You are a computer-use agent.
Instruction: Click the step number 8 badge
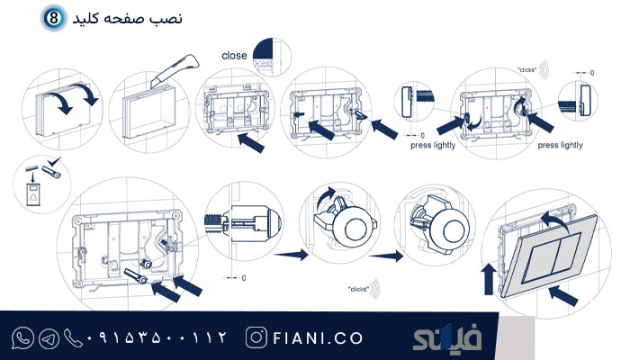point(54,18)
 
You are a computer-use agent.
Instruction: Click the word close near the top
point(234,56)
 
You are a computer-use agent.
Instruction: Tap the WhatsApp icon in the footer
point(22,337)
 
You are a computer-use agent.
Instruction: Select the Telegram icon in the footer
point(49,338)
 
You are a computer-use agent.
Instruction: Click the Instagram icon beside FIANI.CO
point(256,337)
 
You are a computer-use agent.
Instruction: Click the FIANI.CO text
point(318,338)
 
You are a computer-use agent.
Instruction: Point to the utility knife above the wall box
point(175,70)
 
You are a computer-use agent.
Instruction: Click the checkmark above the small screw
point(54,161)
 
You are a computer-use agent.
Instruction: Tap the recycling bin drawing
point(33,194)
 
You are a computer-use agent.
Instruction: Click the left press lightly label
point(433,145)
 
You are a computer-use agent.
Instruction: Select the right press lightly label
point(560,145)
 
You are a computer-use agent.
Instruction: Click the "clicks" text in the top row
point(526,70)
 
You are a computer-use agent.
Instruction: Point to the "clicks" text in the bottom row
point(358,289)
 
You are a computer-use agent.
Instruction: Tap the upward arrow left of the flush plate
point(489,279)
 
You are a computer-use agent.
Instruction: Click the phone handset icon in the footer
point(73,338)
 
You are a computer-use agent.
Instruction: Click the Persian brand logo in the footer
point(446,337)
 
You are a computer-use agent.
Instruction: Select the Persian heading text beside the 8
point(128,19)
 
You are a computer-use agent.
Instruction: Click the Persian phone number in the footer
point(157,337)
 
